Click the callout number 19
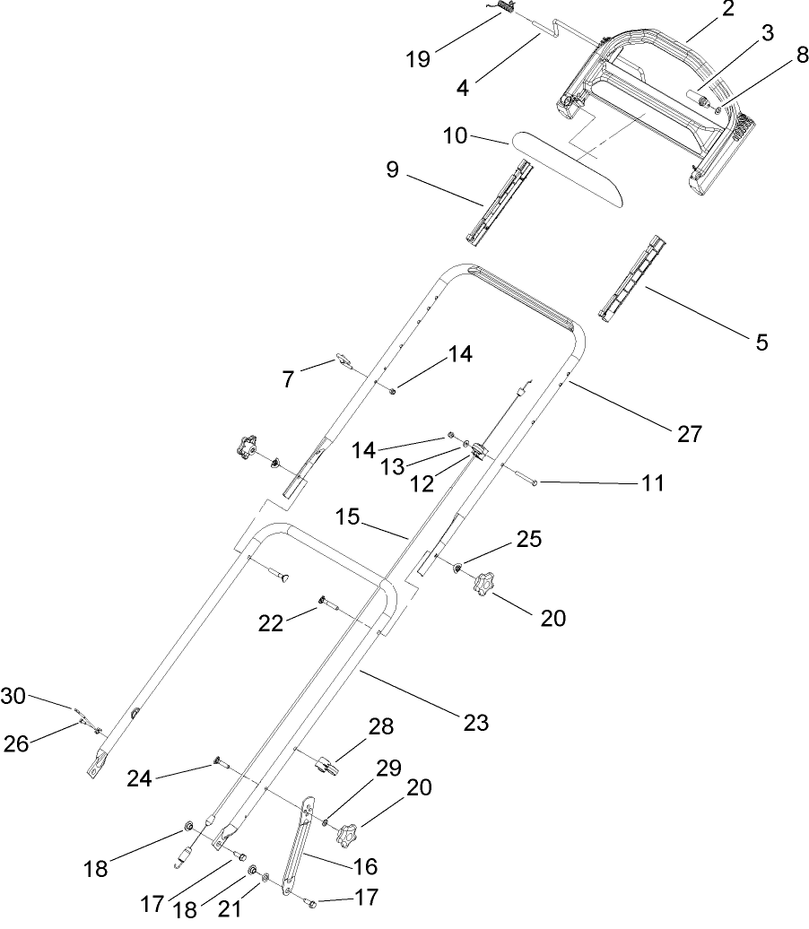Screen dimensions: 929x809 (417, 59)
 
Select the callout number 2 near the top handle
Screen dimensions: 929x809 (727, 10)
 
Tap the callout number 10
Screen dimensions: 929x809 (457, 136)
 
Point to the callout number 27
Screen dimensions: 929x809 (689, 434)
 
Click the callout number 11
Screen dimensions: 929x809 (653, 483)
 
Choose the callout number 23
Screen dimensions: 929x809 (475, 722)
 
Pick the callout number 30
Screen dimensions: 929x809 (13, 695)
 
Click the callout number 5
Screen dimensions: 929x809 (761, 342)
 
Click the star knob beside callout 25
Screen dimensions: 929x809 (485, 585)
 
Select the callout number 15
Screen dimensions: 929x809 (348, 518)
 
